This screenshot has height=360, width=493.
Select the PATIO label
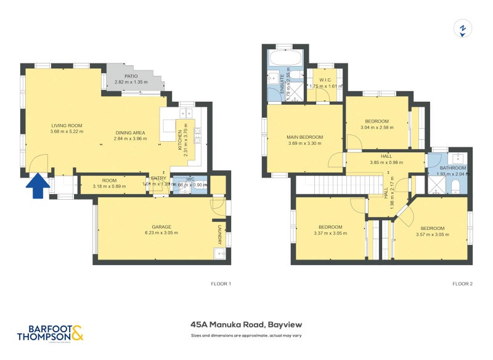130,75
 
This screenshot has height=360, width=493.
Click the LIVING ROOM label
67,125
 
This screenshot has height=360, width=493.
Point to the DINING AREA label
130,133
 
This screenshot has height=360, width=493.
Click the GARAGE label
161,227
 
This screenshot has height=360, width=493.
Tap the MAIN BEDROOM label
304,137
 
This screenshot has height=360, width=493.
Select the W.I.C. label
325,80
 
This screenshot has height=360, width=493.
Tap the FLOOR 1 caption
221,284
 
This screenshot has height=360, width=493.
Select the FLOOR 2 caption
462,284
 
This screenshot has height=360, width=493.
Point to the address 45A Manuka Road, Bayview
246,324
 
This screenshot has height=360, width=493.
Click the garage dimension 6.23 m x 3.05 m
161,233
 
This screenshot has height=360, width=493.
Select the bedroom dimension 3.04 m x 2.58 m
377,128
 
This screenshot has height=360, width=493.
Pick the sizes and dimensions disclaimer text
246,336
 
